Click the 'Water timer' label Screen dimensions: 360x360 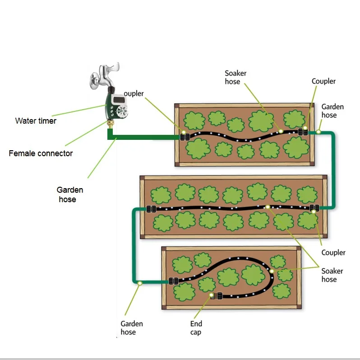[36, 121]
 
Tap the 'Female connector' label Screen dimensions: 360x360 [41, 153]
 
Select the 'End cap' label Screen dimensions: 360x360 [196, 328]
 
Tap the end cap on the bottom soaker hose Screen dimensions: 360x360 [218, 296]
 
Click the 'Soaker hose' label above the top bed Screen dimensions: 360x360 [236, 77]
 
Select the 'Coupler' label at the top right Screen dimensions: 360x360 [323, 81]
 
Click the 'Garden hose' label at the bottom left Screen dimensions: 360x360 [132, 328]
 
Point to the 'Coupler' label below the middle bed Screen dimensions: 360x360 [333, 253]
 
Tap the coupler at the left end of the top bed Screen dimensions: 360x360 [184, 136]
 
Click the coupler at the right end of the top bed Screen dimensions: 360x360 [303, 132]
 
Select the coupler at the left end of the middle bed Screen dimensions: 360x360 [151, 209]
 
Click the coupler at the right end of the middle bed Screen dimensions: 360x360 [315, 208]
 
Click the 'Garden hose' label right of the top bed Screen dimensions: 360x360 [332, 111]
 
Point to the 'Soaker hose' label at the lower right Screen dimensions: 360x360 [332, 275]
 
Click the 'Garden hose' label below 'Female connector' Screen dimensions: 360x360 [69, 195]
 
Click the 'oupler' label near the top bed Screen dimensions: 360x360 [134, 94]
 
